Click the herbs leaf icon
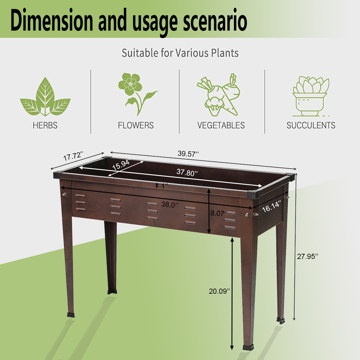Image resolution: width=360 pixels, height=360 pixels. (x=45, y=97)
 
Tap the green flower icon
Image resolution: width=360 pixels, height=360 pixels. (x=135, y=93)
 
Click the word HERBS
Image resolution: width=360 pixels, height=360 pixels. (x=45, y=125)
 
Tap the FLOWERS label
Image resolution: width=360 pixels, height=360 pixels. (x=136, y=125)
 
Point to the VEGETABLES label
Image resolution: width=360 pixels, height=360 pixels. (x=221, y=125)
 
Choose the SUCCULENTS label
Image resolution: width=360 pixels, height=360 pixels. (x=311, y=125)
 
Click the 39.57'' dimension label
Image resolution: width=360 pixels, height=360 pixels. (x=188, y=154)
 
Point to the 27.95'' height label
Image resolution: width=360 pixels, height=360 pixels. (x=307, y=256)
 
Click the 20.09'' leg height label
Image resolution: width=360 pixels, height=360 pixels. (x=220, y=291)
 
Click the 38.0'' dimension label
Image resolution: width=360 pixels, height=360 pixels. (x=170, y=205)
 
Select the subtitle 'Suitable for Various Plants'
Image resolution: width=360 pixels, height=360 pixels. (x=180, y=53)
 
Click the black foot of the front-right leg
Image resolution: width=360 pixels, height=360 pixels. (x=248, y=347)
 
